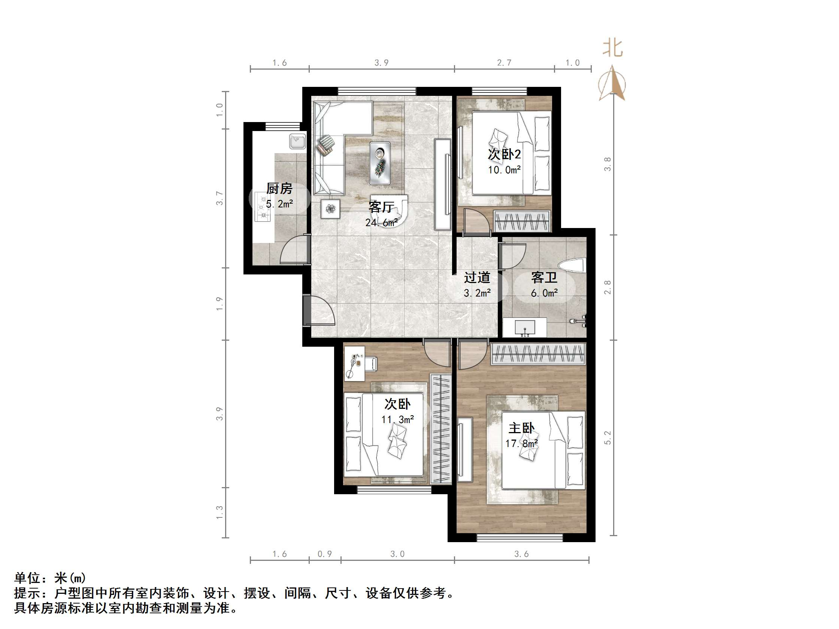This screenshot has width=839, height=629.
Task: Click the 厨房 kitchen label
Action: (x=279, y=188)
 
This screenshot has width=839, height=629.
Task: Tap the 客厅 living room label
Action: (x=381, y=207)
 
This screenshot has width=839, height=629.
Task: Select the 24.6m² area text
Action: (x=381, y=222)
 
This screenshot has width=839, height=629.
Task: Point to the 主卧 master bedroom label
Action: (x=521, y=428)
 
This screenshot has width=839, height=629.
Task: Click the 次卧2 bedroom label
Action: (x=504, y=154)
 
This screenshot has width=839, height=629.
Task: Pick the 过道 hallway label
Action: (x=477, y=277)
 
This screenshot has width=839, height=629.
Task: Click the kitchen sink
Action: (x=297, y=142)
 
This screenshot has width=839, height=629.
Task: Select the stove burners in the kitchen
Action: (x=263, y=207)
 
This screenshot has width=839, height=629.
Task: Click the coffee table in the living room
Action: (x=380, y=163)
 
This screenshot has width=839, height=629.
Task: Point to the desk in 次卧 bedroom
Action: (x=355, y=363)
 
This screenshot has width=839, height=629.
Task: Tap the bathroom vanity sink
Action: (x=525, y=327)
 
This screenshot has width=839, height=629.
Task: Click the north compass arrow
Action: (x=611, y=83)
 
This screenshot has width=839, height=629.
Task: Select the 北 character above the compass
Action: (x=612, y=49)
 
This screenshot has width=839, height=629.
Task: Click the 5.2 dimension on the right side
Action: (x=608, y=438)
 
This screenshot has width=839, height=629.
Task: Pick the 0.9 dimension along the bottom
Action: (x=325, y=554)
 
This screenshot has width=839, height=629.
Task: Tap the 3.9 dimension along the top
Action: (x=381, y=63)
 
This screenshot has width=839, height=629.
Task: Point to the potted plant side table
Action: (x=330, y=209)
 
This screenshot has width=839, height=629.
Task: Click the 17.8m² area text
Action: (x=521, y=443)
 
